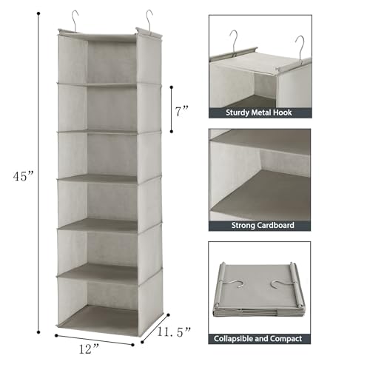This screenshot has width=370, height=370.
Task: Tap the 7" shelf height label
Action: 182,110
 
